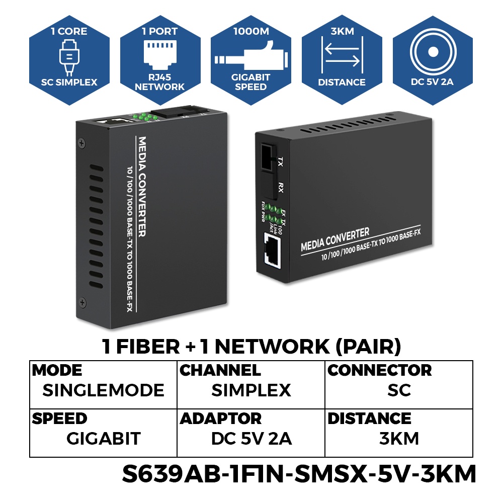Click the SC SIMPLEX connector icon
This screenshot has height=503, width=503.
69,57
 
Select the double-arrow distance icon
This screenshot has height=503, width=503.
342,56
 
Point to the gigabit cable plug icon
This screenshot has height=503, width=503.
250,59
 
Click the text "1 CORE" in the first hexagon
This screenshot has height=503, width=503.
69,31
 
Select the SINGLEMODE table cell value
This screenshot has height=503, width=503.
103,390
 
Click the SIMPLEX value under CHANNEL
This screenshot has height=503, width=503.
251,390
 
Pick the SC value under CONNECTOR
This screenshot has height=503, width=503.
399,390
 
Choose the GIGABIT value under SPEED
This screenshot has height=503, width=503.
103,439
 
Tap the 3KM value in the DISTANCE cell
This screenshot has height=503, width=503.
399,439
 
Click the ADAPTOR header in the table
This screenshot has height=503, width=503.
221,418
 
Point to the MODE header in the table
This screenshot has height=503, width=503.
57,371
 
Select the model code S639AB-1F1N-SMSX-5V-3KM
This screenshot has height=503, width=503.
299,474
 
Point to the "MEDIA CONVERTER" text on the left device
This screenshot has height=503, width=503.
142,186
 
